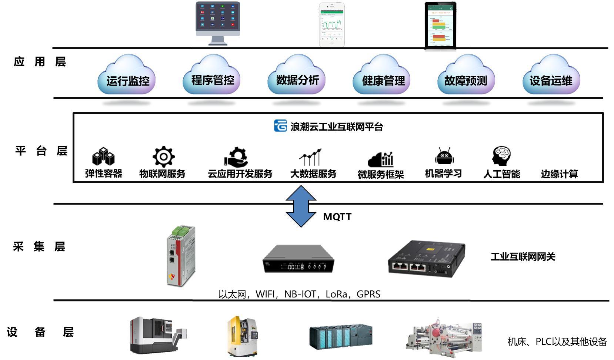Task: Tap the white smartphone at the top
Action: click(x=332, y=24)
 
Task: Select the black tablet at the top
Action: click(x=440, y=25)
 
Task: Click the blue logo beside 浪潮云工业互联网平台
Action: click(x=280, y=126)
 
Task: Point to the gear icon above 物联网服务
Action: click(x=163, y=157)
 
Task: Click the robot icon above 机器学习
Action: click(x=444, y=157)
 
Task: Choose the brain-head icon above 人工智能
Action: click(x=501, y=156)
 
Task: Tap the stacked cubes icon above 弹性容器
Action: click(x=103, y=157)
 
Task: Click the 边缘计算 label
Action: click(x=559, y=174)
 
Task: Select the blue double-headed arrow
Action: click(x=301, y=206)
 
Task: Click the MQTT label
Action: click(x=337, y=217)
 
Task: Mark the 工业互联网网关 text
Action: click(x=523, y=257)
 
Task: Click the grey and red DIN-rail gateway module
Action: click(x=181, y=255)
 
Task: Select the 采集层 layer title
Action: click(x=39, y=246)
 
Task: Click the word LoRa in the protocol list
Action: click(x=336, y=294)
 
